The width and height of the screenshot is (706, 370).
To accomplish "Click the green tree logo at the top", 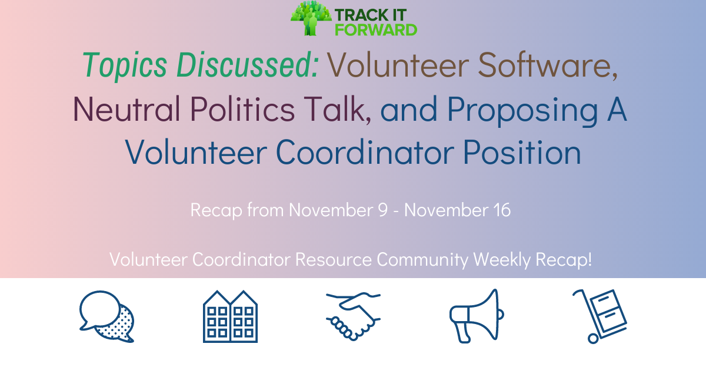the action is [311, 18].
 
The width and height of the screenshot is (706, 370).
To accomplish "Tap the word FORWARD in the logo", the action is [376, 30].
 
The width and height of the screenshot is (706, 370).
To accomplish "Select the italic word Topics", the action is [125, 65].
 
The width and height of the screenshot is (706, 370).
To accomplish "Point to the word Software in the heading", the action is [548, 65].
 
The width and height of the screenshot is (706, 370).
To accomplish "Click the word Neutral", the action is [126, 109].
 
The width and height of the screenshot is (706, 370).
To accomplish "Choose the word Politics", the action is [242, 109].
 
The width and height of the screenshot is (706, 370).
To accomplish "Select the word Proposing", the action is [522, 111].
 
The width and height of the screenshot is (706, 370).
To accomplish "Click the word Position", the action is [522, 153].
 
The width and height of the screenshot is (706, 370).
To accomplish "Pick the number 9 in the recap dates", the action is [383, 210].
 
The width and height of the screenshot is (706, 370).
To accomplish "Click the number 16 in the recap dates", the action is [502, 210].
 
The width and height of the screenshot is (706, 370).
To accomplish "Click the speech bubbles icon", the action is [107, 316].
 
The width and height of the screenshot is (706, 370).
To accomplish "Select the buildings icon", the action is [230, 316].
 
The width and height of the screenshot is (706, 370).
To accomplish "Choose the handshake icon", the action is [353, 316].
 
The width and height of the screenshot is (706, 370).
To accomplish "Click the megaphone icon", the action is [477, 316].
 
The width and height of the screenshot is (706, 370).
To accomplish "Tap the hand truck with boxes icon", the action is [600, 316].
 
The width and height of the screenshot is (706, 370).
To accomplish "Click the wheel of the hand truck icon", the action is [593, 339].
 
